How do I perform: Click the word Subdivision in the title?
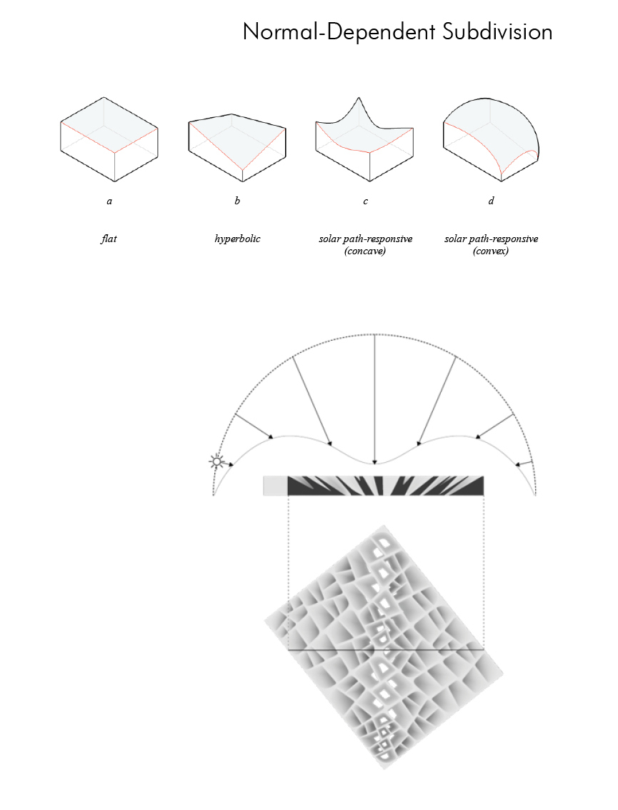497,32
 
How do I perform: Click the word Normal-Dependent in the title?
339,32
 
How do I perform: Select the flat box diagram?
109,139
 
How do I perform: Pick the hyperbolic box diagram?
237,148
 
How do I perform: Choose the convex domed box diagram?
491,139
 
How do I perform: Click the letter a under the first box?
109,201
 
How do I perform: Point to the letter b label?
237,201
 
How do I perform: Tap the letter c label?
365,201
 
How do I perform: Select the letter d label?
491,201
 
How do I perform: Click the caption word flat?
109,239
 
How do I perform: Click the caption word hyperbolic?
237,239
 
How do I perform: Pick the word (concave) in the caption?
365,251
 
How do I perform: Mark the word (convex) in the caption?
491,251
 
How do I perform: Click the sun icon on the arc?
216,462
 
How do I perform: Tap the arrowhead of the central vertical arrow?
374,462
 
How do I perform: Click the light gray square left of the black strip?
275,486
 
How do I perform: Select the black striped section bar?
386,486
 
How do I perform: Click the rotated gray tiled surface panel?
384,647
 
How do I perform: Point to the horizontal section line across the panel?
386,649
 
